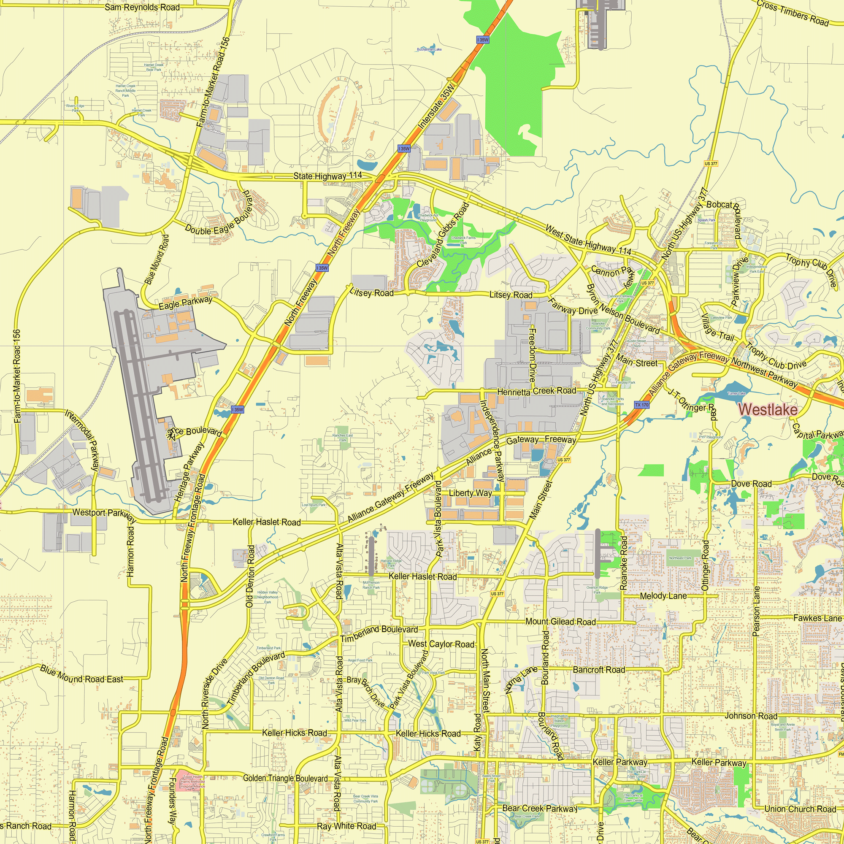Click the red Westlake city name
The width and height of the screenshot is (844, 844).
click(768, 409)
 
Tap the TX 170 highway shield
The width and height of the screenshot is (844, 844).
click(642, 405)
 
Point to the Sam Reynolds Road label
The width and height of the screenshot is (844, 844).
click(142, 8)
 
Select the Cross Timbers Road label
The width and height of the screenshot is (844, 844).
click(793, 13)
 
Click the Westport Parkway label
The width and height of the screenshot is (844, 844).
click(104, 514)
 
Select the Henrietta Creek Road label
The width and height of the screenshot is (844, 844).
click(536, 391)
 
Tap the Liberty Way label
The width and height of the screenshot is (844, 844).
click(471, 493)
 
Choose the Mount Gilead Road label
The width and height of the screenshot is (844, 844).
click(560, 622)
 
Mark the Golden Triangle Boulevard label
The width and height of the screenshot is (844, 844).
click(285, 778)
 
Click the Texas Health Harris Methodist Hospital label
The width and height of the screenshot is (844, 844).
click(193, 782)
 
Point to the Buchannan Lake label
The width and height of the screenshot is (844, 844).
click(429, 49)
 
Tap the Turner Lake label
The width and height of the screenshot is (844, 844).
click(736, 393)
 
